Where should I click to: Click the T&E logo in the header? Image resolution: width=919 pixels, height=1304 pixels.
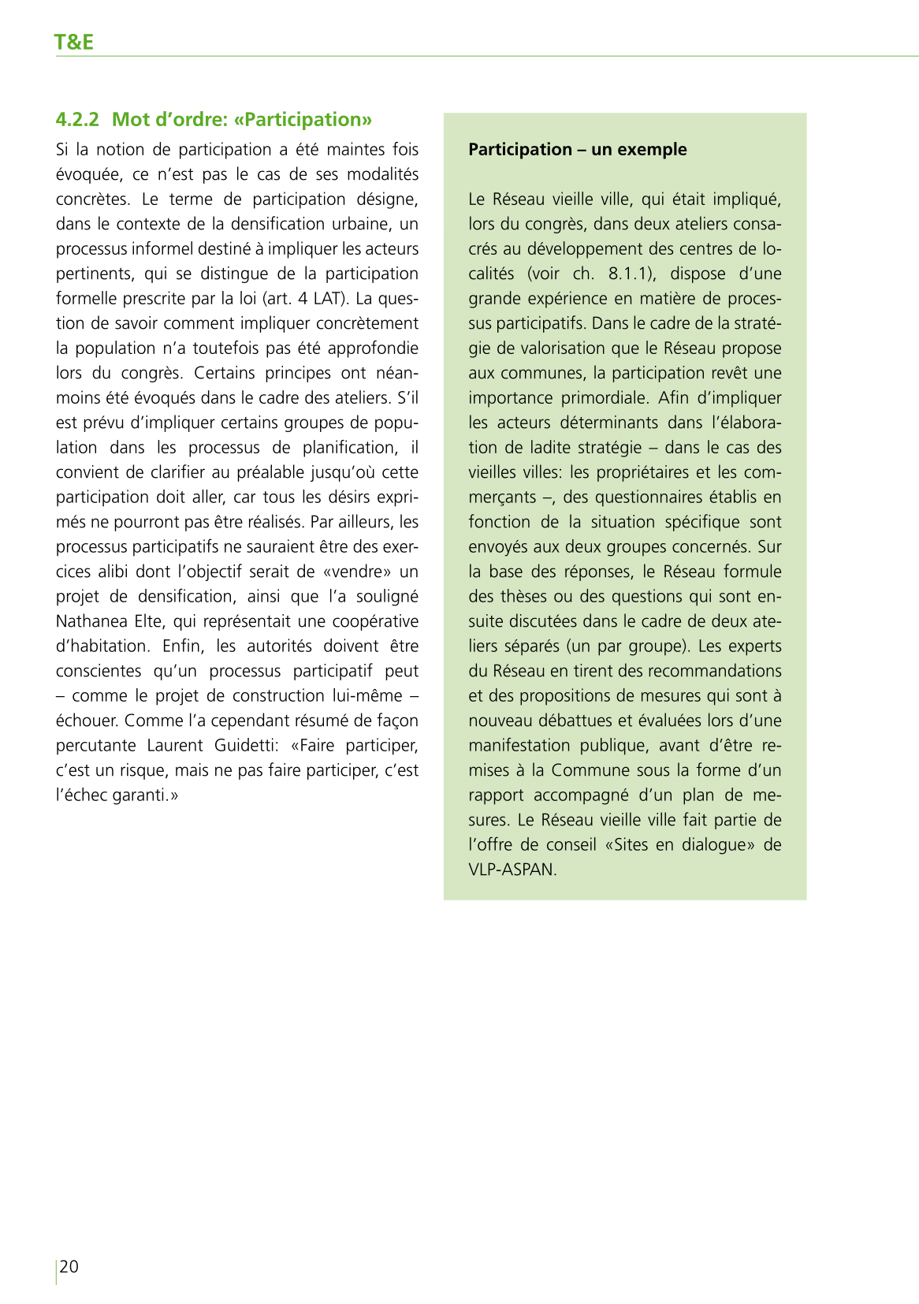pyautogui.click(x=74, y=42)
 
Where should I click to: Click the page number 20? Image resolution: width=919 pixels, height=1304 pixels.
pyautogui.click(x=69, y=1267)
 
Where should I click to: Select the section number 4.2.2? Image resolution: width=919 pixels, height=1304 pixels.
pyautogui.click(x=77, y=120)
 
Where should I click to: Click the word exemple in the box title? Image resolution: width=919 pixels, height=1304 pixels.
pyautogui.click(x=654, y=150)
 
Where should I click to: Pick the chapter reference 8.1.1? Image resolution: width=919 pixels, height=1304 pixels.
pyautogui.click(x=631, y=274)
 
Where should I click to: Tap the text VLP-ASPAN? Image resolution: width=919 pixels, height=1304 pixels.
pyautogui.click(x=512, y=870)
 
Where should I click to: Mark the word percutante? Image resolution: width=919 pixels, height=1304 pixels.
pyautogui.click(x=95, y=746)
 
